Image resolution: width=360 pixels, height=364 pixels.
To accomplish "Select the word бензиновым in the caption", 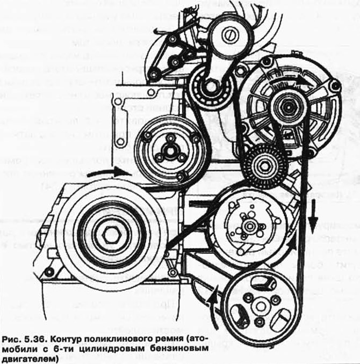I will (x=175, y=348).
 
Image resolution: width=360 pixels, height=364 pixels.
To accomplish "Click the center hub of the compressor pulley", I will (x=248, y=226).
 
